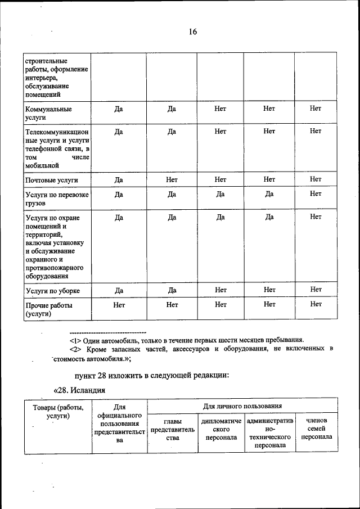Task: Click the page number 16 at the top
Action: click(x=192, y=32)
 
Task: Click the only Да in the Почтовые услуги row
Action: click(x=119, y=180)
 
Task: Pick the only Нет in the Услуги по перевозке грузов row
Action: click(x=316, y=194)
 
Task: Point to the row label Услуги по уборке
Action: click(x=53, y=291)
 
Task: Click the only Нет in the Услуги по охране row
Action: click(x=316, y=217)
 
